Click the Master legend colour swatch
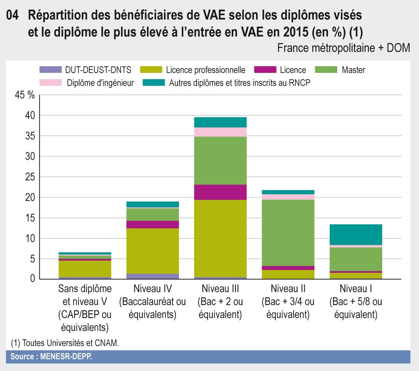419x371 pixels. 326,69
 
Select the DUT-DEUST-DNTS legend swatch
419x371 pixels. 50,69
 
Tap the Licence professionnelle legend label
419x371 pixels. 205,70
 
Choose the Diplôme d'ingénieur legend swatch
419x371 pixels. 50,83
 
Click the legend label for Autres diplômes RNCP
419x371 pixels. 239,83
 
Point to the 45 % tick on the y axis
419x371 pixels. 24,95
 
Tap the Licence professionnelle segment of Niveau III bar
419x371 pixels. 220,239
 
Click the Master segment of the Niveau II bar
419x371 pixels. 288,232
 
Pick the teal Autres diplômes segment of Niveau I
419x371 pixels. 356,235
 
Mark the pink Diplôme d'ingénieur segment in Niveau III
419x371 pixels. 220,132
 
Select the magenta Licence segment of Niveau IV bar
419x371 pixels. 152,225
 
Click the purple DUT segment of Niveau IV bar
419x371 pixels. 152,276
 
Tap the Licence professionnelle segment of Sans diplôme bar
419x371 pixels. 85,269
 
